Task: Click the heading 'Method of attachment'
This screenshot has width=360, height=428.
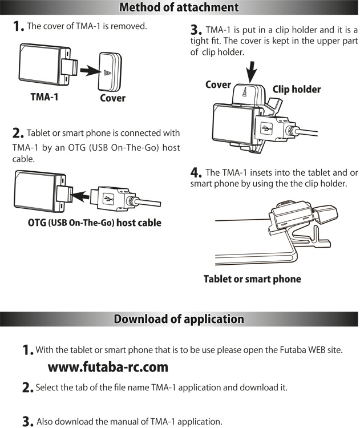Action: [x=179, y=7]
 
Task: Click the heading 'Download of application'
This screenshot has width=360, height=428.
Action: [x=179, y=319]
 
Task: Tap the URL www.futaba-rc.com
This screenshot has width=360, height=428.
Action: [x=108, y=366]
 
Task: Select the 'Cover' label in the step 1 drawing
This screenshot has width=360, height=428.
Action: [x=112, y=98]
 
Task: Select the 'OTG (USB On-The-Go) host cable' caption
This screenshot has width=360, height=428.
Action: [x=94, y=223]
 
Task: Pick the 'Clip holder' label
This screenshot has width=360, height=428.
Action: [x=296, y=90]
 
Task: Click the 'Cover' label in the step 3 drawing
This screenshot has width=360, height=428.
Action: [x=218, y=85]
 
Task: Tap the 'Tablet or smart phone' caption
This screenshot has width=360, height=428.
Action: [x=252, y=279]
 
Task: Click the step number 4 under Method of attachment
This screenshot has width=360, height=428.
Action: [x=196, y=172]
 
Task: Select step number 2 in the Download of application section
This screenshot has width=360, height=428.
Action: [x=27, y=388]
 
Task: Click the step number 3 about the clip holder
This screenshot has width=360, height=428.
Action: [x=196, y=30]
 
